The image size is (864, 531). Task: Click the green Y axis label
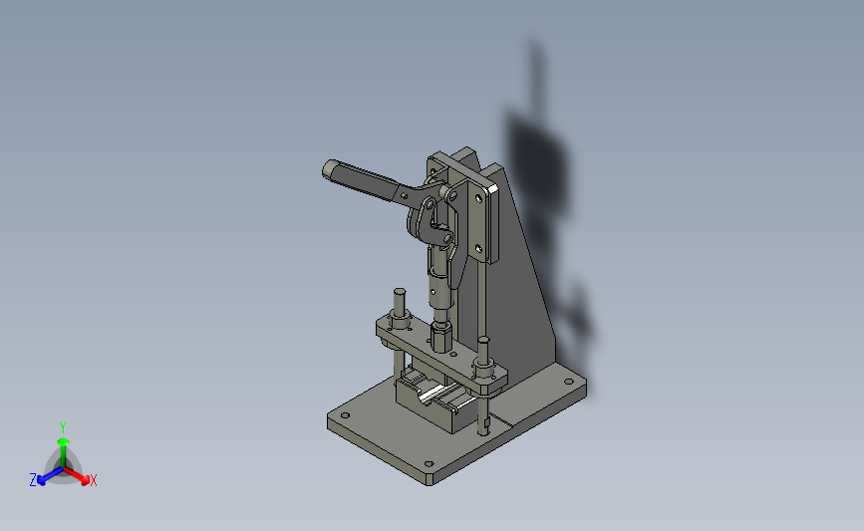62,426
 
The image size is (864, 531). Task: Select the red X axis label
93,480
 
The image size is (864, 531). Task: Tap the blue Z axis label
33,479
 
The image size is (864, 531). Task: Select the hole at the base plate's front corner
429,465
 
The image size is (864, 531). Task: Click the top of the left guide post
398,293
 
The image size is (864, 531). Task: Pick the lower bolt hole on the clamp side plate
478,248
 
